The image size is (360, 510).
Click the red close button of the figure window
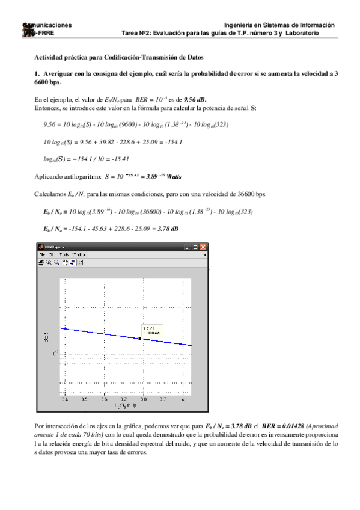pyautogui.click(x=203, y=247)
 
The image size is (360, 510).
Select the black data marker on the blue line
pyautogui.click(x=140, y=339)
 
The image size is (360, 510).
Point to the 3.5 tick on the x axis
pyautogui.click(x=84, y=398)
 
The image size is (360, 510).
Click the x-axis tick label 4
pyautogui.click(x=183, y=398)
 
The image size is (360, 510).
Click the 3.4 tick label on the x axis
pyautogui.click(x=65, y=398)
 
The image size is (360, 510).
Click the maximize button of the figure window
pyautogui.click(x=195, y=247)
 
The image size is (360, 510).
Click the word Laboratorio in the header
pyautogui.click(x=302, y=33)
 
